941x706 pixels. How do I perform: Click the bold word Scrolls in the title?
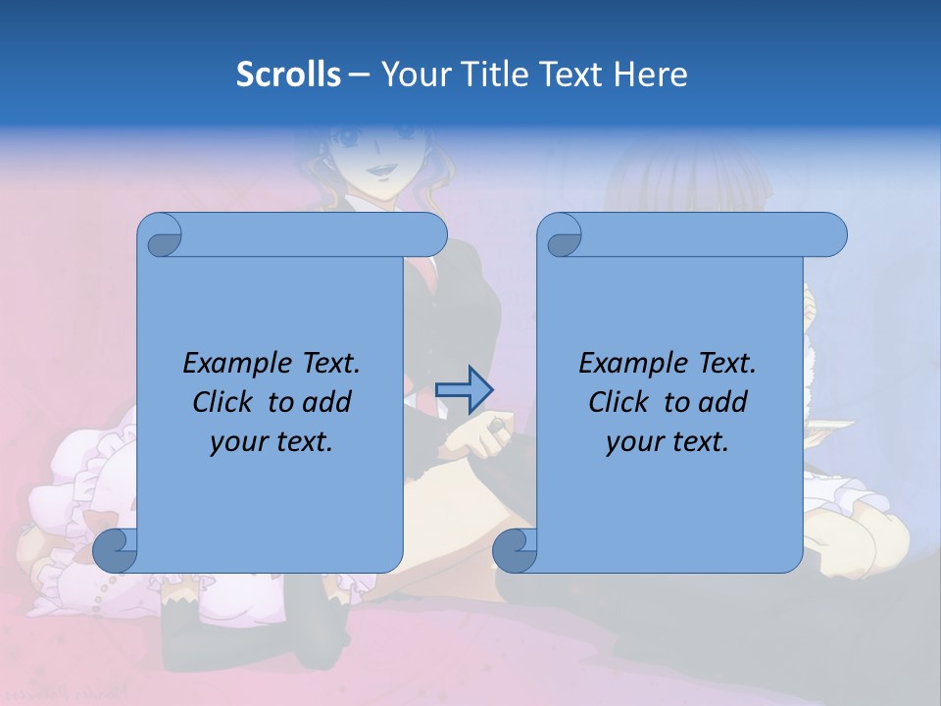pos(289,75)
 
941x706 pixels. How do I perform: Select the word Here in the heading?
pos(651,75)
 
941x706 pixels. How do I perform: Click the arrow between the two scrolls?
pos(464,389)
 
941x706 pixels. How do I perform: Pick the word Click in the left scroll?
pos(223,402)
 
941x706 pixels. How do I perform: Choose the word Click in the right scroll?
pos(619,402)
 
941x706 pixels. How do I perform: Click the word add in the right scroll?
pos(724,402)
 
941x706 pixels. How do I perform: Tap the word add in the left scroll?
pos(328,402)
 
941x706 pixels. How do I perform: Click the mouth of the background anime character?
pos(377,172)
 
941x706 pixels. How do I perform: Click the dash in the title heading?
pos(359,75)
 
